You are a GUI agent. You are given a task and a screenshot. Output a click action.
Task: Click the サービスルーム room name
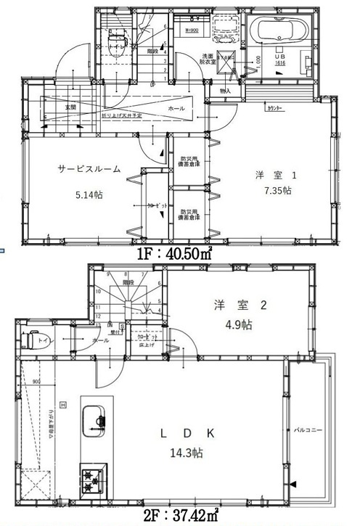(x=89, y=168)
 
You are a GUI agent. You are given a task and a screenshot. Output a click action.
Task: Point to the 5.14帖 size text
(x=89, y=194)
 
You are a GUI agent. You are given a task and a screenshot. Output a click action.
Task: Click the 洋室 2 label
(x=231, y=305)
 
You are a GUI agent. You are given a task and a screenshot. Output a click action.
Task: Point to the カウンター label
(x=275, y=107)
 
